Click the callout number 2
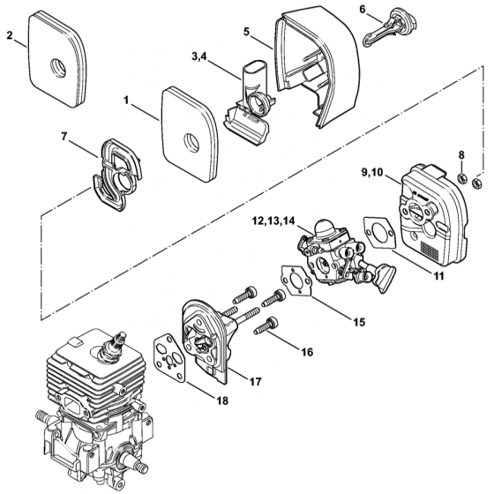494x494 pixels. coord(9,36)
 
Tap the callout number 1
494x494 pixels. coord(127,103)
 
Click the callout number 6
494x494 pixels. coord(363,9)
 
